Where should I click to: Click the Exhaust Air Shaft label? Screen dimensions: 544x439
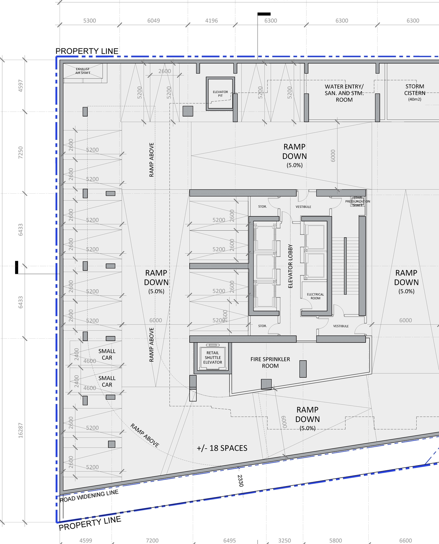[83, 71]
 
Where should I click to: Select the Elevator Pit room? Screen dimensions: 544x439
[220, 94]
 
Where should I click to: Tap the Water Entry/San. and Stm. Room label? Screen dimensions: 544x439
[344, 93]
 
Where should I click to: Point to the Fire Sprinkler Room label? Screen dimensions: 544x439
[270, 362]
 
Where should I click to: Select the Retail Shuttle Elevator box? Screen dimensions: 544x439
[213, 358]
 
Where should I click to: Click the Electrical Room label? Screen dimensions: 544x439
[315, 296]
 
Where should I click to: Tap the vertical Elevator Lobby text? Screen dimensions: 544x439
[290, 266]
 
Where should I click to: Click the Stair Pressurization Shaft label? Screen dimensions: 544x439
[357, 201]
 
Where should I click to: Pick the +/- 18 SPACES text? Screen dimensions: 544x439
[222, 448]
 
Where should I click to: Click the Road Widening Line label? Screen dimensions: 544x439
[89, 496]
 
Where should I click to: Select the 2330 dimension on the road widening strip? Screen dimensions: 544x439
[240, 481]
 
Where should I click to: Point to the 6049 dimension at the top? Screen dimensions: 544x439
[153, 21]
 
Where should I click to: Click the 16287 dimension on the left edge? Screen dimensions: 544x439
[21, 430]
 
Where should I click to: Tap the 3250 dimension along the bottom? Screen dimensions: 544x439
[284, 540]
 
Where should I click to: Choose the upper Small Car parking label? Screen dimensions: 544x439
[107, 354]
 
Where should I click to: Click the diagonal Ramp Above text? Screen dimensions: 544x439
[145, 435]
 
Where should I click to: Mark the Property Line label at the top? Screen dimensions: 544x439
[87, 51]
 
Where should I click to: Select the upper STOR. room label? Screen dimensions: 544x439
[262, 207]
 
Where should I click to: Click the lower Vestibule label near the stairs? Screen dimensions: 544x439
[341, 326]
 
